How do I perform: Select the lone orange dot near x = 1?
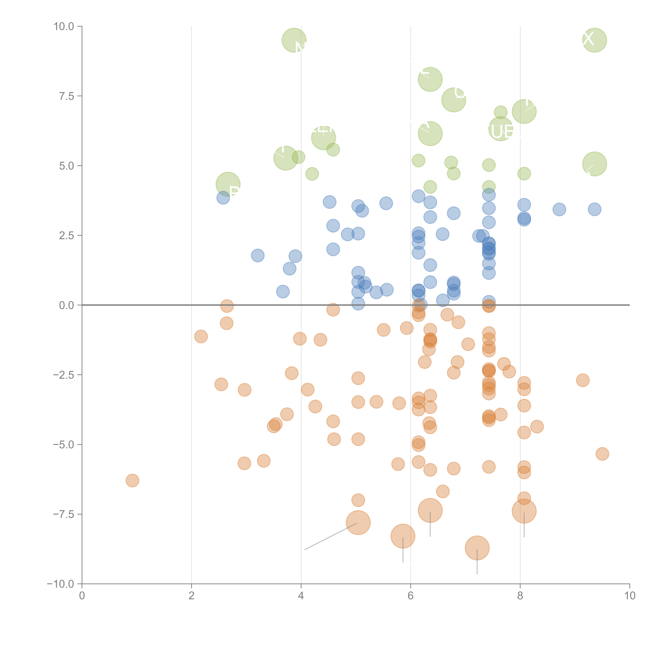pyautogui.click(x=132, y=480)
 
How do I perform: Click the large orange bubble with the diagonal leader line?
pyautogui.click(x=358, y=523)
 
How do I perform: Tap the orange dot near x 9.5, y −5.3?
pyautogui.click(x=602, y=454)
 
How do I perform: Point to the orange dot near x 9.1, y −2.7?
pyautogui.click(x=582, y=380)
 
